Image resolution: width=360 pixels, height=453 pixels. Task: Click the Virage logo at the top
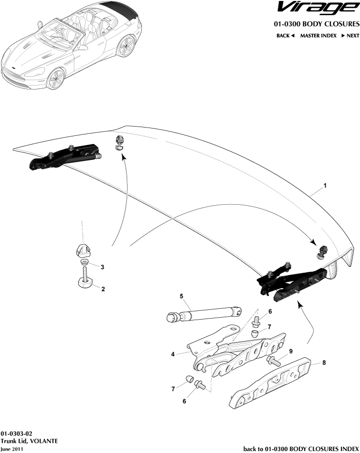pyautogui.click(x=316, y=9)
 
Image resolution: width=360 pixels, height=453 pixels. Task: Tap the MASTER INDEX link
pyautogui.click(x=318, y=36)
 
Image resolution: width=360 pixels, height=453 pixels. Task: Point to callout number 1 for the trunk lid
pyautogui.click(x=325, y=186)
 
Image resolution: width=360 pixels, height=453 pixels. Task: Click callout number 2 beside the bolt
pyautogui.click(x=103, y=289)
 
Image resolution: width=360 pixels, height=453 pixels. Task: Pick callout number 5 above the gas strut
pyautogui.click(x=181, y=296)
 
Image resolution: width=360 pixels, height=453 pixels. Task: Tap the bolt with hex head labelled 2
pyautogui.click(x=85, y=281)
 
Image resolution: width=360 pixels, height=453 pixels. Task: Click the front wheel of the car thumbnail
pyautogui.click(x=56, y=78)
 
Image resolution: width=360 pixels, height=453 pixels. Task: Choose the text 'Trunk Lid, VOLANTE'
pyautogui.click(x=29, y=441)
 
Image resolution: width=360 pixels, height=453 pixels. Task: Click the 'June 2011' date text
pyautogui.click(x=11, y=449)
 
